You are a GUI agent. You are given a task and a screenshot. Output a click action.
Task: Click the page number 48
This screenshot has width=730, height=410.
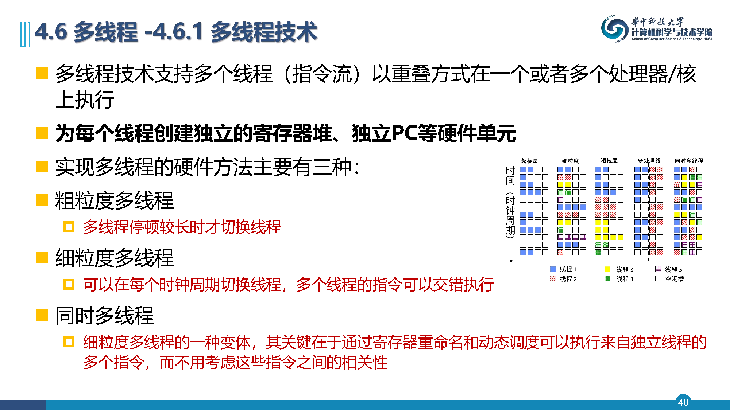[683, 402]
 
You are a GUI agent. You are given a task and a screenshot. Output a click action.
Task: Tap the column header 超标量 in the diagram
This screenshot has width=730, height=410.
[529, 161]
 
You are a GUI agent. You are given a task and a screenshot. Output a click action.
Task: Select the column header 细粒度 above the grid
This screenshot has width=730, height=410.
[570, 161]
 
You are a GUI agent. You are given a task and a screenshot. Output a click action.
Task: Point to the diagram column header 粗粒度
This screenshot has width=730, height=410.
[609, 160]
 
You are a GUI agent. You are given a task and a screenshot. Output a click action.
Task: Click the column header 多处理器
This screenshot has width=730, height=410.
[649, 160]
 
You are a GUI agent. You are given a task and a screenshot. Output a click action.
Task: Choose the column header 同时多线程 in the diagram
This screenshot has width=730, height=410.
[689, 161]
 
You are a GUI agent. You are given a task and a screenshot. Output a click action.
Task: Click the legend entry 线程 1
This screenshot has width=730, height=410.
[563, 269]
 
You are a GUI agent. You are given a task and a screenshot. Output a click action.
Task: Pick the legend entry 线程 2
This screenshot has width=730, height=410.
[563, 279]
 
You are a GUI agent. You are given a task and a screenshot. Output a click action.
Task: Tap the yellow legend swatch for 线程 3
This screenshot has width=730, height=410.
[607, 269]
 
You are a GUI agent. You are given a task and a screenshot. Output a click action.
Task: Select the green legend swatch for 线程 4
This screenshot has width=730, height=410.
[607, 279]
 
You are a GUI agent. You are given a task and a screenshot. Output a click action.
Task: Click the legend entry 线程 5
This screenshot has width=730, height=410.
[669, 269]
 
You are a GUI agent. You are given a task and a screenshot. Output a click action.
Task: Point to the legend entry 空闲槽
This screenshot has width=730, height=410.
[670, 279]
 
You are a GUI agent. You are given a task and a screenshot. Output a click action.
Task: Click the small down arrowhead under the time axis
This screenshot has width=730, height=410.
[511, 261]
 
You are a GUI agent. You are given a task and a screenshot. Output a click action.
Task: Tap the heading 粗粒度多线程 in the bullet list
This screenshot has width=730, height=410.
[114, 200]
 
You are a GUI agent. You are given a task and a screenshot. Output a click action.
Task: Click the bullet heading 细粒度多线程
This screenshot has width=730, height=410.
[114, 258]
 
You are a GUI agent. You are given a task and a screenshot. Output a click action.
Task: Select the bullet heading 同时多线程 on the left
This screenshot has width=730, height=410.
[104, 315]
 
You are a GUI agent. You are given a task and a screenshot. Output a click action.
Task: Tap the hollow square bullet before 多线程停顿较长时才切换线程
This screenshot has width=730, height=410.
[69, 227]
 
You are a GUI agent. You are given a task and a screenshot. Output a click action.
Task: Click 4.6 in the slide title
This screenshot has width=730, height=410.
[51, 31]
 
